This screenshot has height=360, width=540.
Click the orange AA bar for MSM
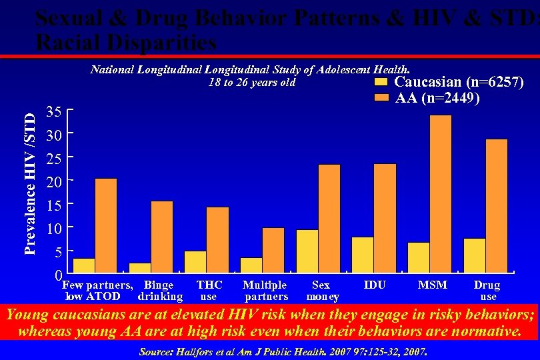click(x=440, y=193)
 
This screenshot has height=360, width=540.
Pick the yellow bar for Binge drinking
click(x=140, y=267)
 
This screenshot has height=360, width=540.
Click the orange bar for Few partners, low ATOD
click(x=106, y=225)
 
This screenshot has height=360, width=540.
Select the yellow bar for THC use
click(x=195, y=261)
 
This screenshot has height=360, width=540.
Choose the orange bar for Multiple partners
click(x=273, y=249)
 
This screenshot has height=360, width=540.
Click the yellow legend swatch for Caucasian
click(x=381, y=83)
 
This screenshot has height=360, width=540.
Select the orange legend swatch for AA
click(x=381, y=97)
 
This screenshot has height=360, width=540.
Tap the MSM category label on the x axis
click(x=432, y=285)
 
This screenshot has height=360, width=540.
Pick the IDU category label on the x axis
click(x=375, y=285)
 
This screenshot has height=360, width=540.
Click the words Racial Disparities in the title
click(x=126, y=43)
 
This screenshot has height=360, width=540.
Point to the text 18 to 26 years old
click(x=251, y=83)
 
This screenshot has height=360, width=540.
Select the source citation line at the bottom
click(x=283, y=351)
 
